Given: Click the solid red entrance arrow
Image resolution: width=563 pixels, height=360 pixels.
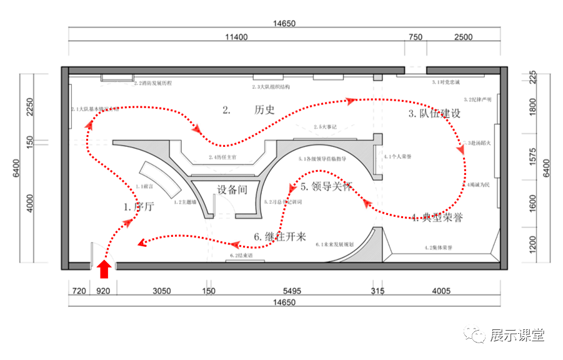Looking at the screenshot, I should point(105,269).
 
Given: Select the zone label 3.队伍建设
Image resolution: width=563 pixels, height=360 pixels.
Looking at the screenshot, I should point(434,113).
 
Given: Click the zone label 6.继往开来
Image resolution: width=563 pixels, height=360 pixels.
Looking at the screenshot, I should point(280,237).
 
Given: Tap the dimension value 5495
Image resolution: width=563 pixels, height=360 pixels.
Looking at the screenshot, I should point(292,291).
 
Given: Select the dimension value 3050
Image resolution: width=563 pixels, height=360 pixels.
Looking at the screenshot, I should point(161,291).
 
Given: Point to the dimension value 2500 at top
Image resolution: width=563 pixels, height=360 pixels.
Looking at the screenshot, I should point(463,37).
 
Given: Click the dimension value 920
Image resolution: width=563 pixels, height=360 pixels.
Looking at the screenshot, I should point(103,291).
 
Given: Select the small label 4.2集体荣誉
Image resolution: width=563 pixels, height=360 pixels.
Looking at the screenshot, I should point(438,248).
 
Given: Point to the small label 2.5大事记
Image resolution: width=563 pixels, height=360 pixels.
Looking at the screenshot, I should point(325,127).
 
